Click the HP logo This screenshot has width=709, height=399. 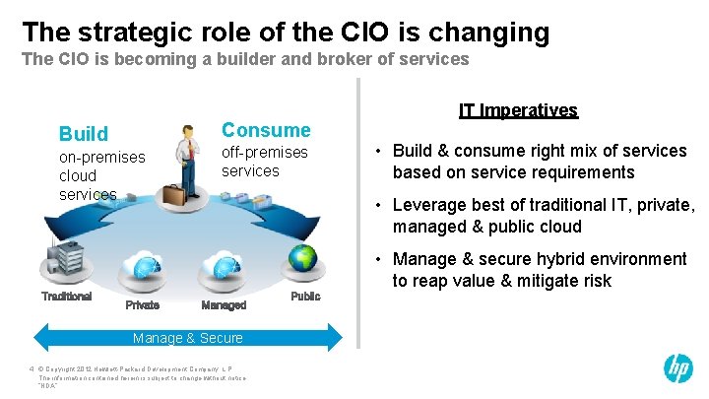tap(677, 368)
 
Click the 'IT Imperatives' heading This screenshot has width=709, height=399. tap(518, 110)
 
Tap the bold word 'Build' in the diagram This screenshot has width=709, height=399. tap(84, 133)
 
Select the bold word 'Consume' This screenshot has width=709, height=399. tap(265, 130)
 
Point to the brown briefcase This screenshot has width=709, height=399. tap(174, 195)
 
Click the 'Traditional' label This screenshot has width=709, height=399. tap(66, 296)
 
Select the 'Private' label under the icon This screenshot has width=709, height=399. tap(142, 305)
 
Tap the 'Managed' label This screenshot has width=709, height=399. tap(224, 305)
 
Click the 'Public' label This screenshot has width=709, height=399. tap(305, 296)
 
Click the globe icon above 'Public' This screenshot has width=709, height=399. tap(302, 259)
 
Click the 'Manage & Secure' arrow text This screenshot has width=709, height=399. tap(187, 338)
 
